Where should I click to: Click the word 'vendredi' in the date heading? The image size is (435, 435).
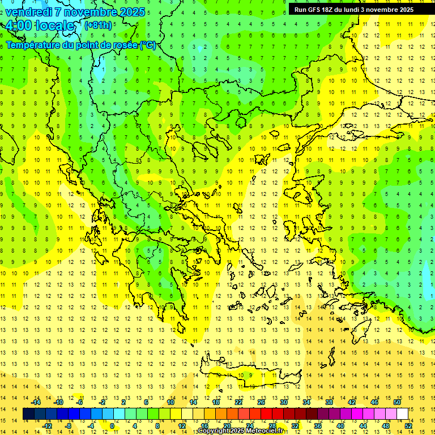coord(28,11)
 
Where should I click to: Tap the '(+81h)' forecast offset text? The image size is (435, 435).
coord(97,25)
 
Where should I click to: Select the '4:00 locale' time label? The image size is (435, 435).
coord(40,25)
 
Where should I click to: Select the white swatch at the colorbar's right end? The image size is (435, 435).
coord(402,414)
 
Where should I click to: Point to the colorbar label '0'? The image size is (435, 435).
coord(112,426)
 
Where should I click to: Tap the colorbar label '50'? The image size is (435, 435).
coord(397,402)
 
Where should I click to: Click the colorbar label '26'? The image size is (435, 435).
coord(261,402)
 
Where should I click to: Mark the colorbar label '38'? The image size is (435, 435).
coord(329,402)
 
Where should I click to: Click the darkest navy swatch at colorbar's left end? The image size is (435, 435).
coord(28,414)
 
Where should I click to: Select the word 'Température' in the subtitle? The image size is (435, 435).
coord(34,45)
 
